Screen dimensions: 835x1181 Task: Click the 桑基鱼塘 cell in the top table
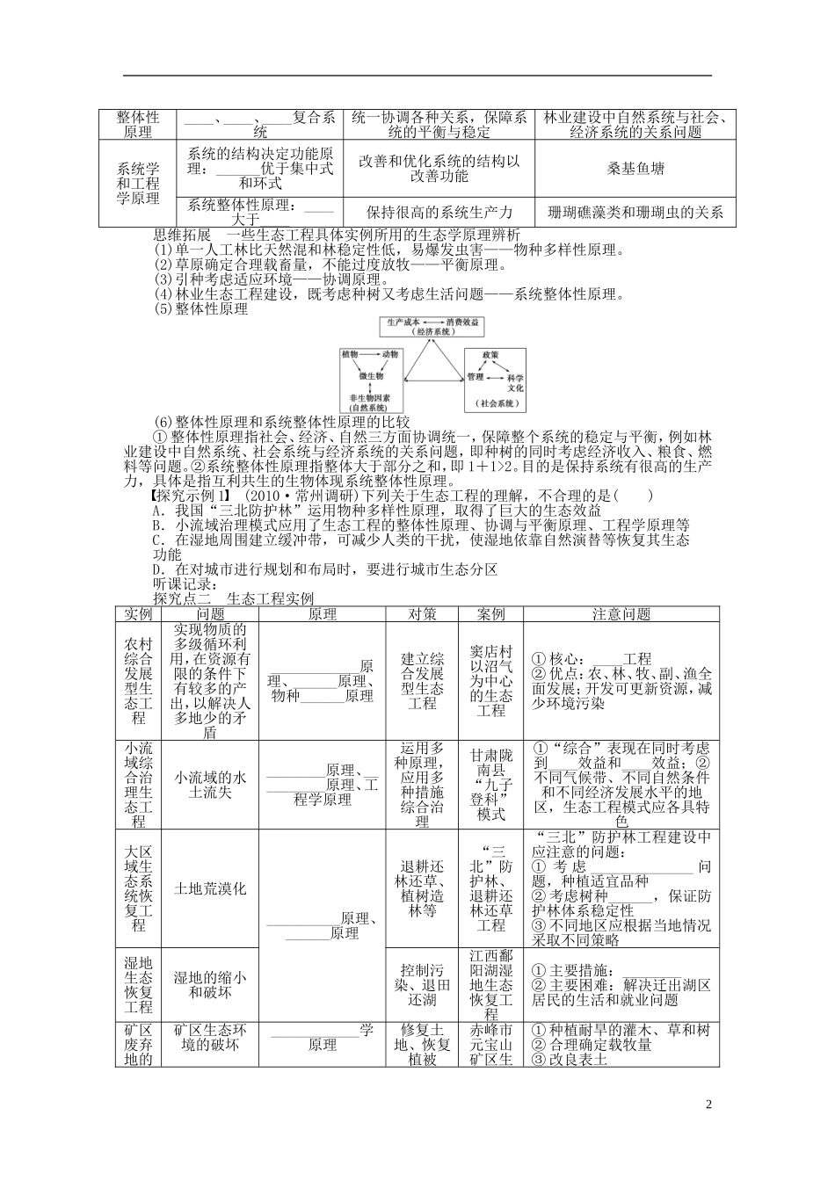(635, 170)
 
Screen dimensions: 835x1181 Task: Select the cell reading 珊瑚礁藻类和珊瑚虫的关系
(635, 212)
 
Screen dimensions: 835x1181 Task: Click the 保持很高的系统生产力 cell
(439, 212)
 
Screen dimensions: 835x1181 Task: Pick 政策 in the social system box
(490, 354)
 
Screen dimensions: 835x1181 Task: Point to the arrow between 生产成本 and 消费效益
(433, 323)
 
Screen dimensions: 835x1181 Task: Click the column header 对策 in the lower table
(422, 614)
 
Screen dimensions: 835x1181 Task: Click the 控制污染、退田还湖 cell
(422, 985)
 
